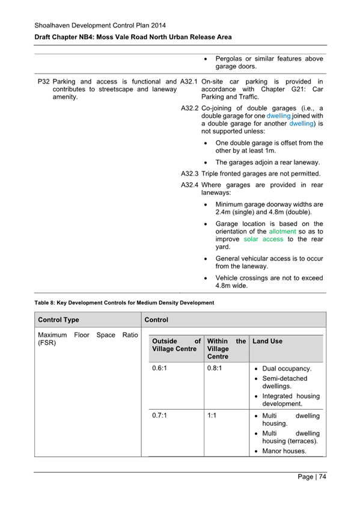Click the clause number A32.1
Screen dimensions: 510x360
189,82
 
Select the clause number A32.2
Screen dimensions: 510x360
189,109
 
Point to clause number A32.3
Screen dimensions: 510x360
189,174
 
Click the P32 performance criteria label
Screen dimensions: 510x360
43,82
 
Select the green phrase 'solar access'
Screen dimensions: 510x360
263,239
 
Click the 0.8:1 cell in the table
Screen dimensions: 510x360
214,367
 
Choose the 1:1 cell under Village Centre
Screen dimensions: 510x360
212,416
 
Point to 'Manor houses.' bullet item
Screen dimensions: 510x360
284,450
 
